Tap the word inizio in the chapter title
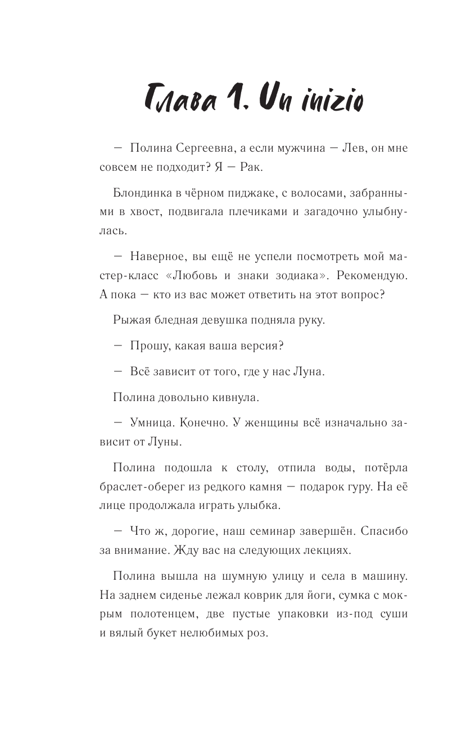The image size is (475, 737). (330, 103)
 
